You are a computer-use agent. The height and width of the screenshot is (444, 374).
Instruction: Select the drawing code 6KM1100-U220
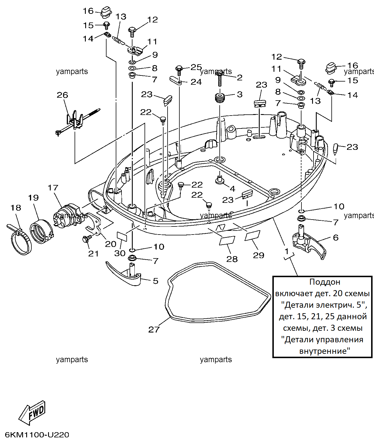[x=37, y=435]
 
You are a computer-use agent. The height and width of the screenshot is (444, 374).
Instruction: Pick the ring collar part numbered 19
[x=41, y=232]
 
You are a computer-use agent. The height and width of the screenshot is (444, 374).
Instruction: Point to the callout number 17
[x=53, y=188]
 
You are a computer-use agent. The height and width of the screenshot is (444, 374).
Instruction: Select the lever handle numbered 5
[x=125, y=274]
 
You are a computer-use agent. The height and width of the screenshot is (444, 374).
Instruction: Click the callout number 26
[x=62, y=95]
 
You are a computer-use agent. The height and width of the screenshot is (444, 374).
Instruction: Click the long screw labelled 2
[x=220, y=79]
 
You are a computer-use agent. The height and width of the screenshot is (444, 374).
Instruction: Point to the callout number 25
[x=196, y=67]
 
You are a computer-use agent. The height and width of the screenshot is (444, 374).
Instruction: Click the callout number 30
[x=120, y=253]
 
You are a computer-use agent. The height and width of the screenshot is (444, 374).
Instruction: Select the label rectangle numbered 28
[x=227, y=241]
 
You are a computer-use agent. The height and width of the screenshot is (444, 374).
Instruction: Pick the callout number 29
[x=258, y=255]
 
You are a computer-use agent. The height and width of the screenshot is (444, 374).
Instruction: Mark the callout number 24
[x=196, y=82]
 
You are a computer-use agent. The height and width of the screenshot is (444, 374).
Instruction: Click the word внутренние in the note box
[x=324, y=351]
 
